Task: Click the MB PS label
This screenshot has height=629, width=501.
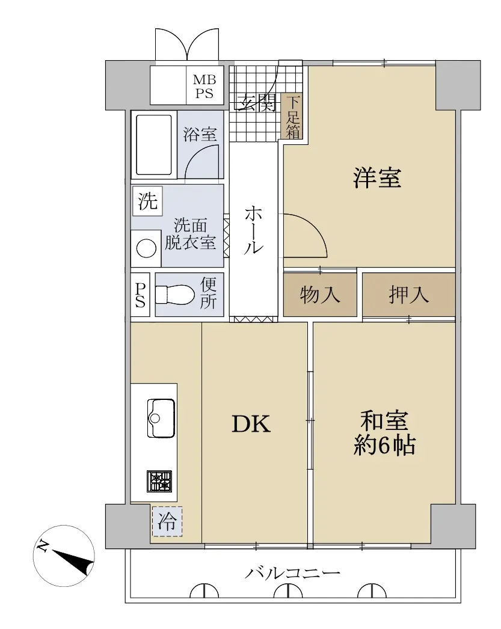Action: click(204, 87)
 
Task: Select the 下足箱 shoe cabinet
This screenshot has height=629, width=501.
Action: click(292, 117)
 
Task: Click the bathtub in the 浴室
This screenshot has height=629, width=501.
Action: click(154, 145)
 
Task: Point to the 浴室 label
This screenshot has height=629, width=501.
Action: click(200, 134)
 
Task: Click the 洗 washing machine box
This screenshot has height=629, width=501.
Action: click(147, 201)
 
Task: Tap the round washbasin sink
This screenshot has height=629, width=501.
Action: click(146, 248)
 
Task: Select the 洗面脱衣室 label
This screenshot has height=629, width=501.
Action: click(191, 234)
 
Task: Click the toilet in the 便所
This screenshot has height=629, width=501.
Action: click(174, 295)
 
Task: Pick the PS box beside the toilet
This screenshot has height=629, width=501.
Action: click(140, 295)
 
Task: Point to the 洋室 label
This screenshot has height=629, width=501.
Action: click(377, 178)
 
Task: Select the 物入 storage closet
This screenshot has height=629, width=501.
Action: click(320, 295)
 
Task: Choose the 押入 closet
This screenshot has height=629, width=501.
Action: click(409, 295)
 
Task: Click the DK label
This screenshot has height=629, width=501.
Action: click(251, 423)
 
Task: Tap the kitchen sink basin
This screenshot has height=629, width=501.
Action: click(161, 418)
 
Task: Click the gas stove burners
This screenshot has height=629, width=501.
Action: click(159, 482)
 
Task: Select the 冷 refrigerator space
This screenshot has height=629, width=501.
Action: click(167, 521)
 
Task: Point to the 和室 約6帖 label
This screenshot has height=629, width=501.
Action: click(384, 433)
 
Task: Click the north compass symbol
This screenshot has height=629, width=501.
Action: click(64, 556)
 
